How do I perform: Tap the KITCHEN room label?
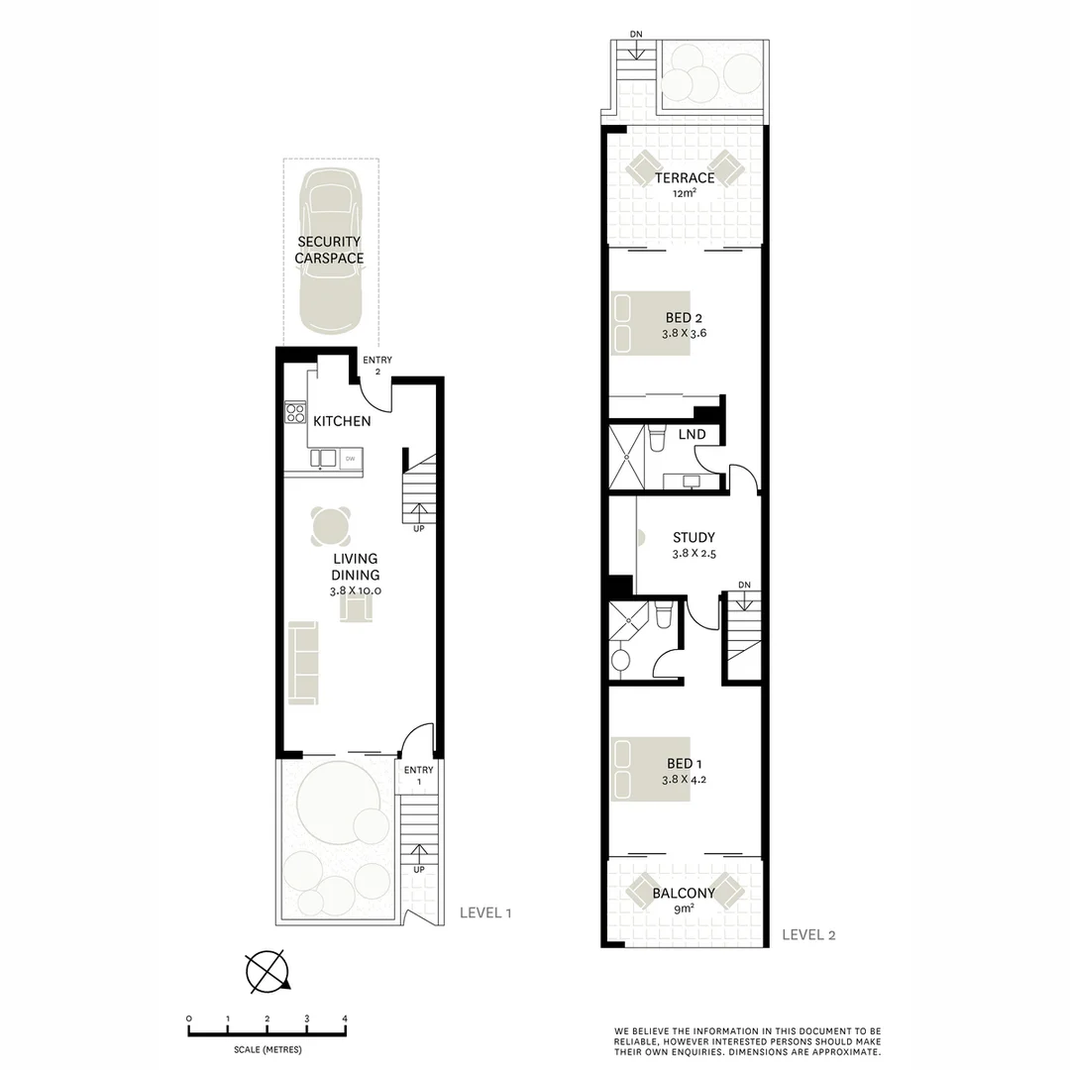point(342,421)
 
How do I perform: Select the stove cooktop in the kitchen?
point(295,411)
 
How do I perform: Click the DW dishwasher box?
point(351,458)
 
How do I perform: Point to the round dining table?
point(331,526)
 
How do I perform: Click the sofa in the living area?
point(302,661)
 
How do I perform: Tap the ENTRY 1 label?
point(418,776)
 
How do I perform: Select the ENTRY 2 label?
point(377,366)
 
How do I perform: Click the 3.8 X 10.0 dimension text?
point(356,590)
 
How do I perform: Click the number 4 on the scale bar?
point(344,1018)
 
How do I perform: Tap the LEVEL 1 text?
point(485,912)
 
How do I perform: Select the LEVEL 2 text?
point(808,933)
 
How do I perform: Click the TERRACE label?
point(684,178)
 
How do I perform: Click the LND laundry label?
point(692,434)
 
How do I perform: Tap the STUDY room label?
point(694,537)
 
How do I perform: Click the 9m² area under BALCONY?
point(684,909)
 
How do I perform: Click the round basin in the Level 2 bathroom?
point(622,661)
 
